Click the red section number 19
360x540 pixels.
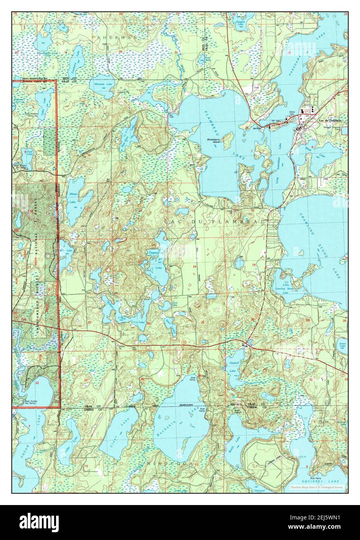point(253,265)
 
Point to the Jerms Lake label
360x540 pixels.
point(342,345)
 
